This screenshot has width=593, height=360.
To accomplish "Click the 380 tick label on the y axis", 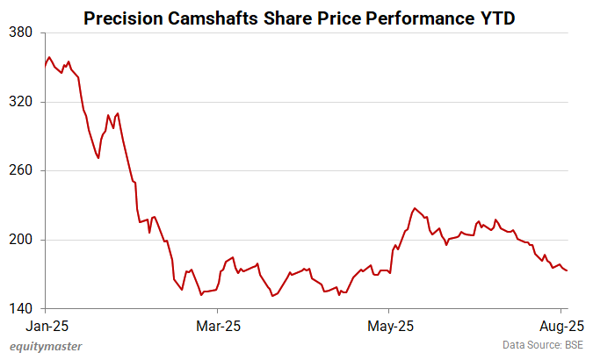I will pyautogui.click(x=21, y=33).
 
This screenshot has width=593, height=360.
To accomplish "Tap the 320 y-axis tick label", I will pyautogui.click(x=21, y=102).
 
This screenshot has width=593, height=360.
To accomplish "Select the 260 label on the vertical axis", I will pyautogui.click(x=21, y=171).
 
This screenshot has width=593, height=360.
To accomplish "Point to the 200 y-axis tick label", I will pyautogui.click(x=21, y=240).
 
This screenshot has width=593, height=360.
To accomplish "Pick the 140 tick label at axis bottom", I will pyautogui.click(x=21, y=309).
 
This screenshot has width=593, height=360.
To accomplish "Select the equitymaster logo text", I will pyautogui.click(x=45, y=346).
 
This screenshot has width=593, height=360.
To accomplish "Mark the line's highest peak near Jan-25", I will pyautogui.click(x=49, y=57).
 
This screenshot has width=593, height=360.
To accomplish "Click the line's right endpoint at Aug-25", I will pyautogui.click(x=568, y=270).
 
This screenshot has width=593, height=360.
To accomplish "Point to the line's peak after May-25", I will pyautogui.click(x=414, y=208).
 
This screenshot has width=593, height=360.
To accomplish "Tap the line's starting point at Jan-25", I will pyautogui.click(x=45, y=66).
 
